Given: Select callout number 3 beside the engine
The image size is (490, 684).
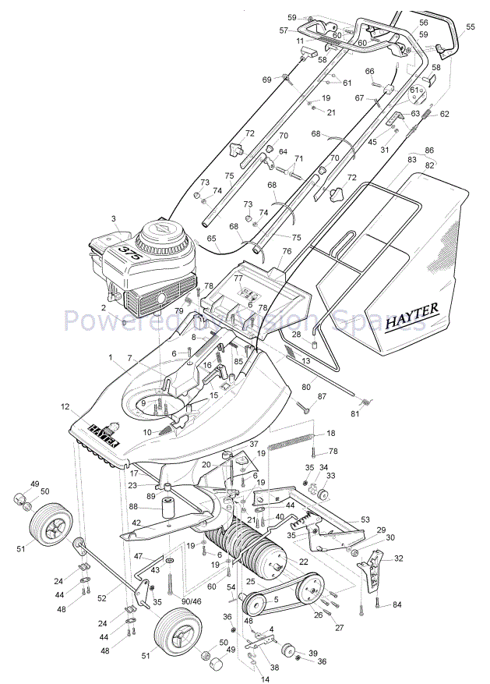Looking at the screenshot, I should pyautogui.click(x=113, y=218).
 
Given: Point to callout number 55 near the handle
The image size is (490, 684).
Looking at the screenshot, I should pyautogui.click(x=470, y=27).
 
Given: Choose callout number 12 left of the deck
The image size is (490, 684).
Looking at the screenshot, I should pyautogui.click(x=65, y=407).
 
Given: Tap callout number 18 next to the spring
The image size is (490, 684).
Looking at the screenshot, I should pyautogui.click(x=331, y=433).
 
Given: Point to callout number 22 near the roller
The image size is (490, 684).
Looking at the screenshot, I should pyautogui.click(x=304, y=562).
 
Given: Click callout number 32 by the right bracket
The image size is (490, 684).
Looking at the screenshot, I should pyautogui.click(x=399, y=558).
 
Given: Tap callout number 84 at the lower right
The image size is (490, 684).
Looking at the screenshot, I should pyautogui.click(x=397, y=604).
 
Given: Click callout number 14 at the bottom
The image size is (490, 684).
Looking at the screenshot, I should pyautogui.click(x=264, y=679).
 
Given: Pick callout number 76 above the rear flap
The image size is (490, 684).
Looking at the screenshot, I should pyautogui.click(x=287, y=251).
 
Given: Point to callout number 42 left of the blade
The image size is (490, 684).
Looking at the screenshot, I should pyautogui.click(x=136, y=523).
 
